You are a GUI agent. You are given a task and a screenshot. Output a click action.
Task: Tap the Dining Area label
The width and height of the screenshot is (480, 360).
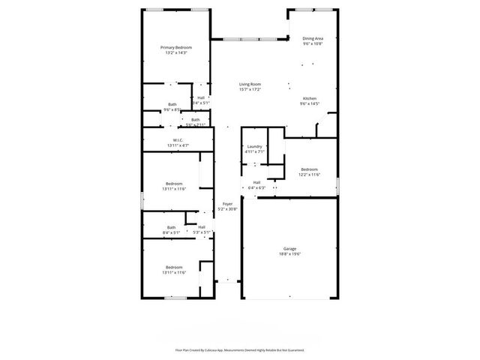(313, 38)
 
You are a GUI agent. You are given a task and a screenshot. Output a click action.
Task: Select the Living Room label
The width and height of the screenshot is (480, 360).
(250, 84)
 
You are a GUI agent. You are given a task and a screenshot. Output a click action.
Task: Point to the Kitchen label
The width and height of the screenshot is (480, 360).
(310, 98)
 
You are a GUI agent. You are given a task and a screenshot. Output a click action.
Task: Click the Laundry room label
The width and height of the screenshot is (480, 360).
(253, 146)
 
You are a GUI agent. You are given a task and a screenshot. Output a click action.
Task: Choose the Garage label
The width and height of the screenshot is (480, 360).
(289, 248)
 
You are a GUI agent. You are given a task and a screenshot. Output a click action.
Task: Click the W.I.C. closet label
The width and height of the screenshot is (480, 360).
(178, 139)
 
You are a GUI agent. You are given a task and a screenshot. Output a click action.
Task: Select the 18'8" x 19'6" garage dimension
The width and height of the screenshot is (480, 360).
(289, 253)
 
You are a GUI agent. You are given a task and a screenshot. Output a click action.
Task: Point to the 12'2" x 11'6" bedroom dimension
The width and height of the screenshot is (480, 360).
(310, 175)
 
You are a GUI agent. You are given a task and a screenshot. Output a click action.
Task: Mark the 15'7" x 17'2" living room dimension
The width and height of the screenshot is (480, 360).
(250, 89)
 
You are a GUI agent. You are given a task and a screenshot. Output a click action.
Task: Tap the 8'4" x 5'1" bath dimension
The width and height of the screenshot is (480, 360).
(172, 232)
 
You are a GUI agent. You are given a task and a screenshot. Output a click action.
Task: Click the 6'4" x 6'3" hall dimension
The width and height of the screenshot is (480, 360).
(256, 187)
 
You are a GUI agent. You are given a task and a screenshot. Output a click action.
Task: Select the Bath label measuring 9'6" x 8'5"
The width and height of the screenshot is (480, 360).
(172, 104)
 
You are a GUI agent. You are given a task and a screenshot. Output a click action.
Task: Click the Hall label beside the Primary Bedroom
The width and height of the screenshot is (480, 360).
(201, 97)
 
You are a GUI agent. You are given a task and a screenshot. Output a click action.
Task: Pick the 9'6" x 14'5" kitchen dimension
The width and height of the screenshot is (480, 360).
(310, 103)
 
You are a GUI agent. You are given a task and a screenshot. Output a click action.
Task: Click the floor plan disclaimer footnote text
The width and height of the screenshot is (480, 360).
(240, 349)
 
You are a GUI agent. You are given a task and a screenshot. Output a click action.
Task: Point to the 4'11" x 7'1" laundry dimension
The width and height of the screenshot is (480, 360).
(253, 151)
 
